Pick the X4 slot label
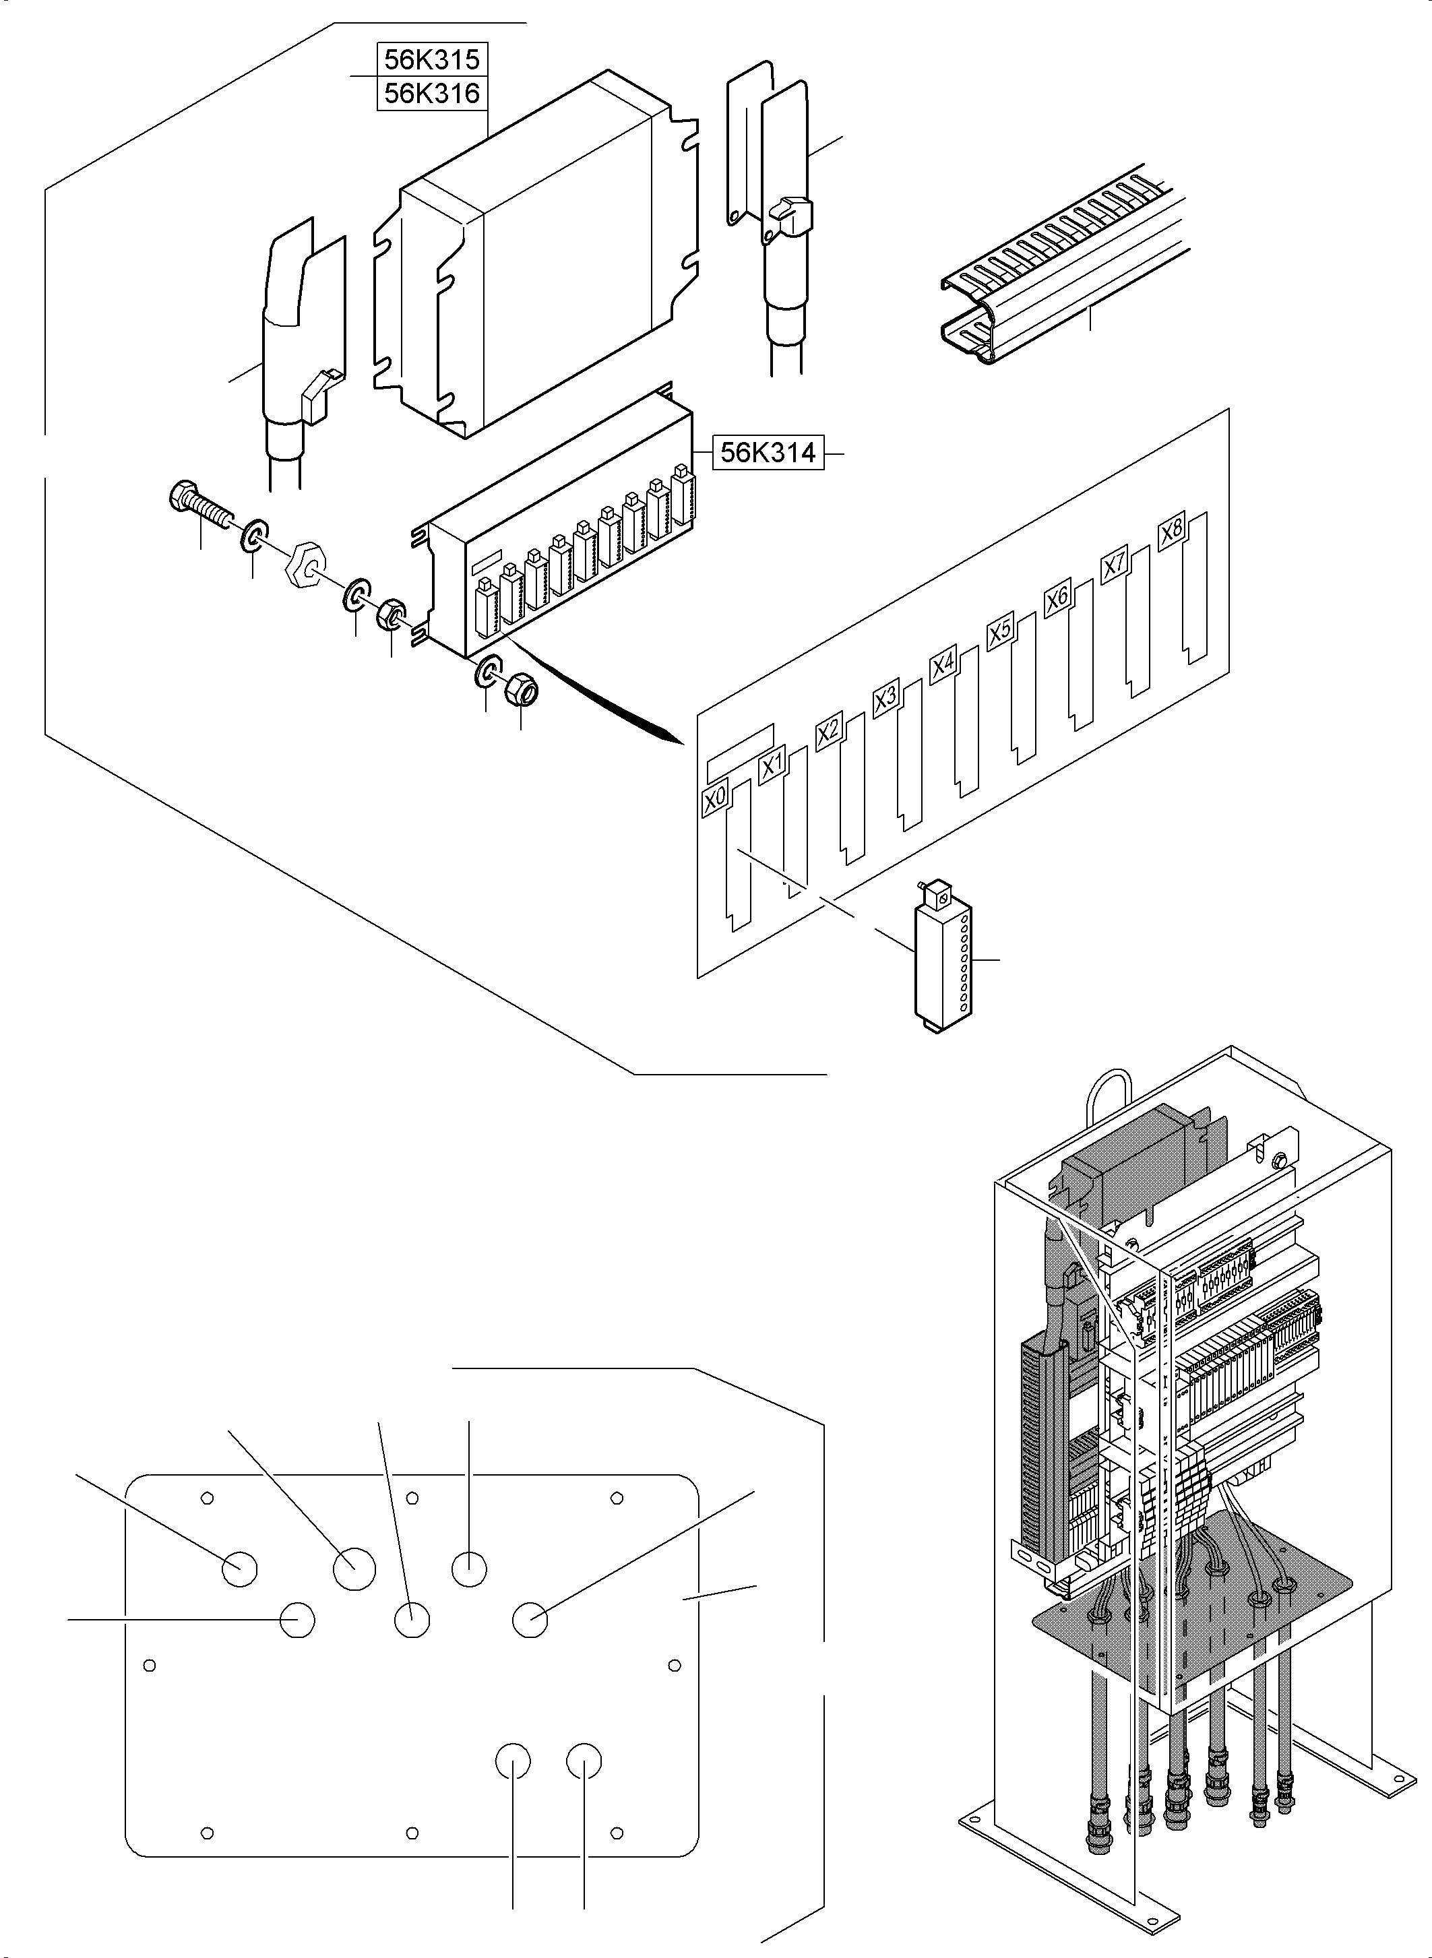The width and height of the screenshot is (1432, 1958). coord(942,665)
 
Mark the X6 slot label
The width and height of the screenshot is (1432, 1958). coord(1057,599)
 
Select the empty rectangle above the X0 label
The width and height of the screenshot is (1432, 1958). coord(739,741)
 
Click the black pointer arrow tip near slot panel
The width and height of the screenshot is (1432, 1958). coord(676,739)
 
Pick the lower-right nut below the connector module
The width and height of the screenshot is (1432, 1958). coord(522,690)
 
